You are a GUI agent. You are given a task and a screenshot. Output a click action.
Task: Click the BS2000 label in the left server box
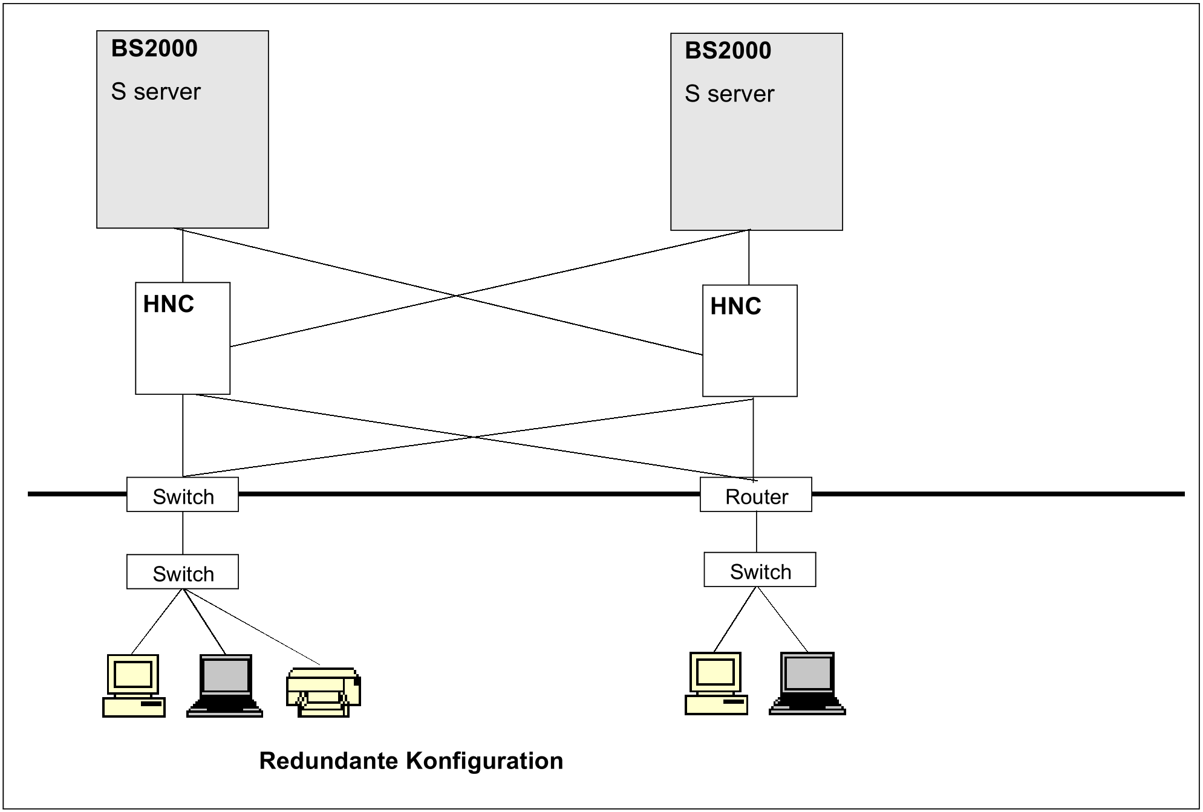click(154, 48)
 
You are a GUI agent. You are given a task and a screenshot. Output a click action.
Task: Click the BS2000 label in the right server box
click(728, 51)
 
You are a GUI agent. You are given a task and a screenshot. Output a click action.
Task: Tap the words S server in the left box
click(155, 92)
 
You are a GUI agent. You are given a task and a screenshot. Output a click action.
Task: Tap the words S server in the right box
click(729, 94)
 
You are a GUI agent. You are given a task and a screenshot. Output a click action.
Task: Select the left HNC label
click(168, 304)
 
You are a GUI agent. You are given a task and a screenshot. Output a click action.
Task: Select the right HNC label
click(735, 307)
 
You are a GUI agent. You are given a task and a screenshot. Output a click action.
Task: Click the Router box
click(755, 495)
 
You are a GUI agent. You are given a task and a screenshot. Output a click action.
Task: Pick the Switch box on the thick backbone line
click(182, 495)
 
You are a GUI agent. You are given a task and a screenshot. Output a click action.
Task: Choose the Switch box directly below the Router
click(760, 570)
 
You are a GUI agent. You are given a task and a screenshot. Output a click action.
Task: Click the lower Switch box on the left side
click(182, 572)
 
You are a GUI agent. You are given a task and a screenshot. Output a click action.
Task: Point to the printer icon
click(323, 692)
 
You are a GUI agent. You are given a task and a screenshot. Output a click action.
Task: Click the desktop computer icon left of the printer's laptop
click(134, 686)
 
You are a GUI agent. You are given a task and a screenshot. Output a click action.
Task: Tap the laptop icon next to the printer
click(225, 686)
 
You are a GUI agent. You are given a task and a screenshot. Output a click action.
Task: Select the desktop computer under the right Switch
click(716, 683)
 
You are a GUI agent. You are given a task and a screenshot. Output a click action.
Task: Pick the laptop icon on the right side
click(807, 683)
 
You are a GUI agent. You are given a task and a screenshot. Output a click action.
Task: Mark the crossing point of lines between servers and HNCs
click(454, 296)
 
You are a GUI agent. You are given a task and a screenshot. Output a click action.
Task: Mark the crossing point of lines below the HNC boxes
click(473, 436)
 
